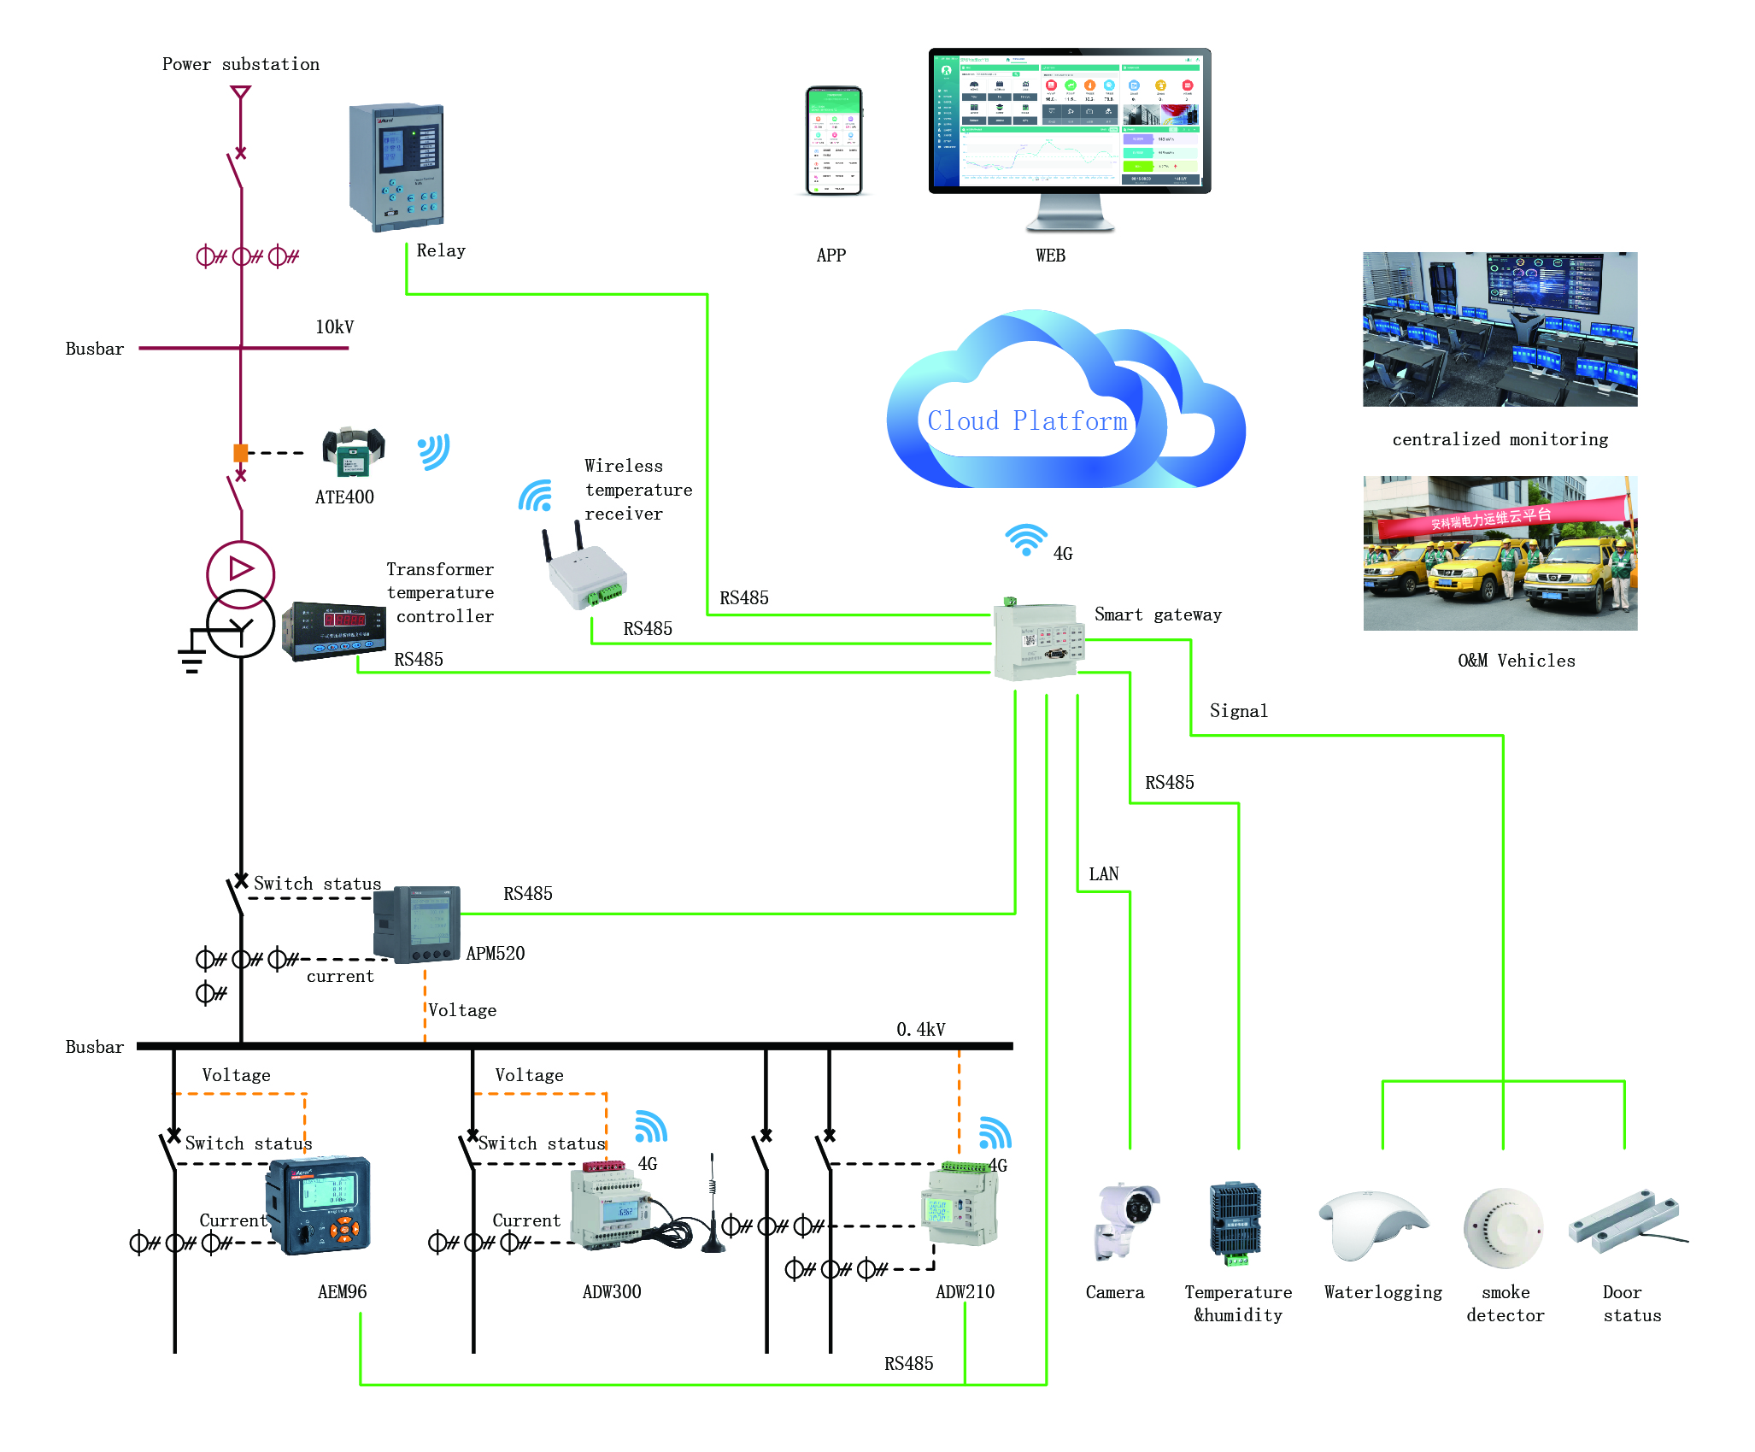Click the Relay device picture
coord(396,167)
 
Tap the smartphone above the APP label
coord(834,141)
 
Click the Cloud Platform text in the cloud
coord(1027,421)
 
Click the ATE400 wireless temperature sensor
coord(353,450)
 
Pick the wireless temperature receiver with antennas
coord(586,573)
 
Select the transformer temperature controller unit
coord(334,631)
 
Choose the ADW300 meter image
coord(608,1207)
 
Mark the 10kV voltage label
coord(334,327)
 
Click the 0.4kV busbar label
coord(920,1030)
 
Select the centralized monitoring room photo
coord(1500,329)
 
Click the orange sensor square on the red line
coord(241,453)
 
